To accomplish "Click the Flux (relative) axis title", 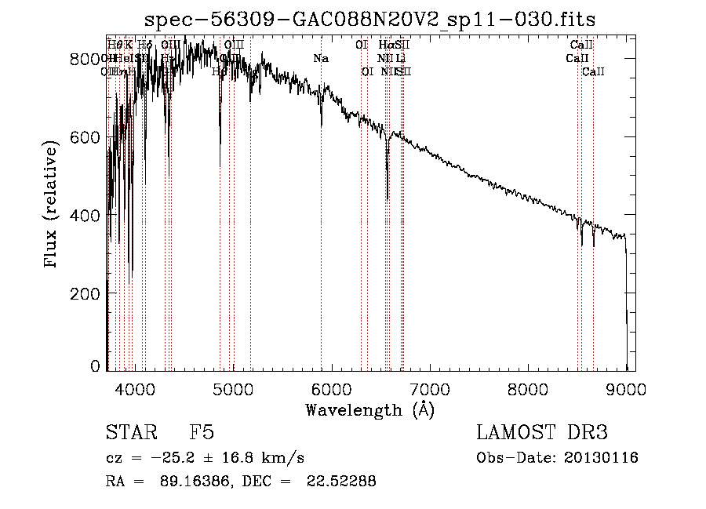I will coord(53,205).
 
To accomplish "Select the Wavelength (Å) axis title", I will coord(369,409).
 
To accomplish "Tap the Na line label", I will coord(320,59).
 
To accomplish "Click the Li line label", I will coord(400,59).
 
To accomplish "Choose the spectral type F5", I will coord(202,433).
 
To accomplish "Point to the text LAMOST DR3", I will coord(542,433).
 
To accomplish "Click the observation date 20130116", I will coord(602,458).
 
